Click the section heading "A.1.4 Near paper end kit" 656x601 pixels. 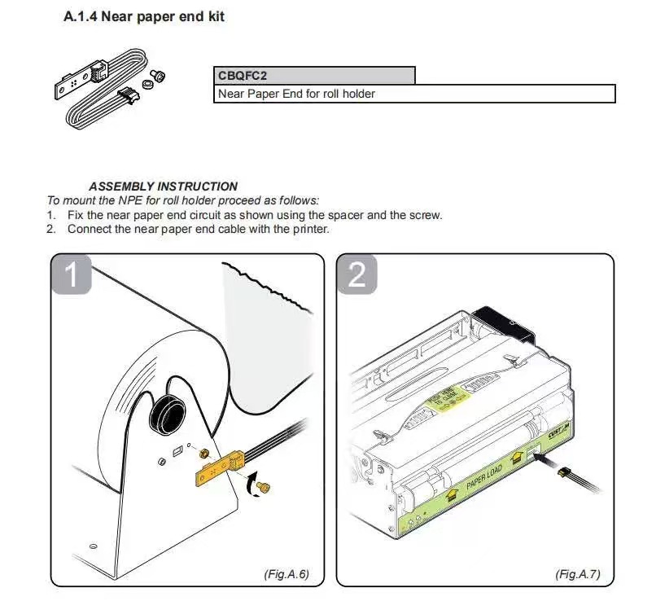point(144,16)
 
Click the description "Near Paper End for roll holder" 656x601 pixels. point(296,94)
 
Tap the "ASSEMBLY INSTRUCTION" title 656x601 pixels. point(163,186)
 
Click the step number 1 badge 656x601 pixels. point(72,274)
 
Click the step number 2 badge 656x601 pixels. point(356,274)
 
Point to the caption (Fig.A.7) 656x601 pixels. point(577,574)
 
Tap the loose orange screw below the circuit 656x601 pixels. point(263,487)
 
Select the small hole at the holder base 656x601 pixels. point(93,545)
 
